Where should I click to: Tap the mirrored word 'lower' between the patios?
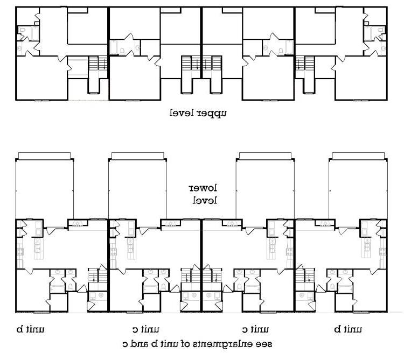(x=203, y=188)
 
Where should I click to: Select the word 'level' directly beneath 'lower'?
(x=205, y=200)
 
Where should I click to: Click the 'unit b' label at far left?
(x=30, y=329)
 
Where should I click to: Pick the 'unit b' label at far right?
(x=348, y=329)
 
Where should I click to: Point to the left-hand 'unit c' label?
(x=146, y=329)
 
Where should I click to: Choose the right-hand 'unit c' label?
(x=255, y=329)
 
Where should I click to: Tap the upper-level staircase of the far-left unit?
(x=98, y=63)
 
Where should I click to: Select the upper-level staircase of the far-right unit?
(x=305, y=63)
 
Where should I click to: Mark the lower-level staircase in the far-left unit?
(x=97, y=276)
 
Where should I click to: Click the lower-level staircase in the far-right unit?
(x=305, y=276)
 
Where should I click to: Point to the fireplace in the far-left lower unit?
(x=77, y=223)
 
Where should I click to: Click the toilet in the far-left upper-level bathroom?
(x=22, y=30)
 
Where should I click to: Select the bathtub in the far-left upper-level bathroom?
(x=35, y=33)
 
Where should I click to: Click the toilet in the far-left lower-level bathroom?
(x=71, y=286)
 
